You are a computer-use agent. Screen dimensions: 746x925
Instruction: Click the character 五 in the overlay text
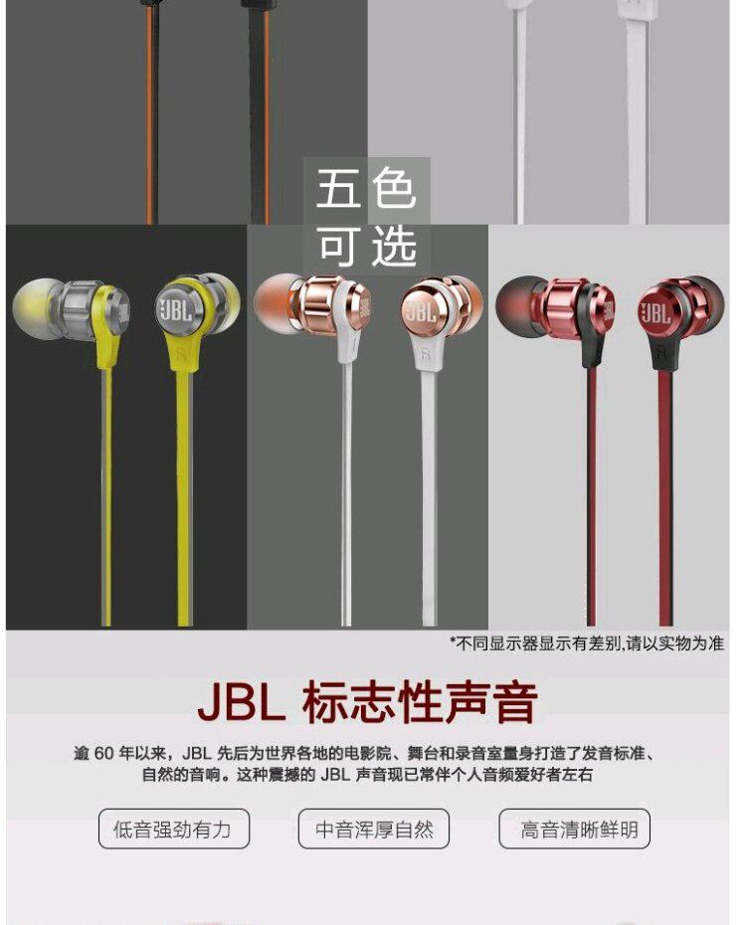pyautogui.click(x=337, y=189)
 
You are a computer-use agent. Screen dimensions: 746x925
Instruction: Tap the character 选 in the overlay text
pyautogui.click(x=394, y=245)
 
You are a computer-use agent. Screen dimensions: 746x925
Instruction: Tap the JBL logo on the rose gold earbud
pyautogui.click(x=420, y=310)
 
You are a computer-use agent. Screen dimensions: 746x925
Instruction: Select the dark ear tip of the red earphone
pyautogui.click(x=513, y=301)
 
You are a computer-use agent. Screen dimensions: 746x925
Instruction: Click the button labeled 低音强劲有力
pyautogui.click(x=173, y=829)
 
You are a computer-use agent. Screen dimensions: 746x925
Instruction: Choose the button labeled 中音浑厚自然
pyautogui.click(x=374, y=829)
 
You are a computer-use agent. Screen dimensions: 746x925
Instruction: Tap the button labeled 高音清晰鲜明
pyautogui.click(x=574, y=829)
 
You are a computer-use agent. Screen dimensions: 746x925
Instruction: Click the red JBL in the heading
pyautogui.click(x=241, y=702)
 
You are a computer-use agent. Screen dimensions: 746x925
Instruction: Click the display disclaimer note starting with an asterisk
pyautogui.click(x=586, y=644)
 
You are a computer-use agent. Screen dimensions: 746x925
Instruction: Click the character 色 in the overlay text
pyautogui.click(x=394, y=189)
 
